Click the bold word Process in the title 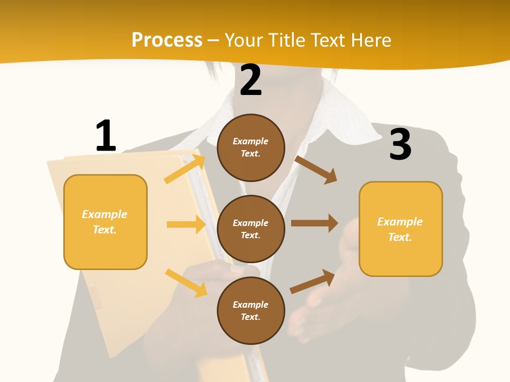click(x=167, y=40)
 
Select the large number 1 click(x=106, y=136)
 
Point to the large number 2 click(x=251, y=80)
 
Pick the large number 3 click(x=401, y=144)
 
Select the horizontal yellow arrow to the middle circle click(x=186, y=224)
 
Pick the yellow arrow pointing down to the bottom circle click(x=186, y=283)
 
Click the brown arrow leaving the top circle click(x=316, y=170)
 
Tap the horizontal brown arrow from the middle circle click(x=314, y=223)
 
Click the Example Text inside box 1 click(x=105, y=222)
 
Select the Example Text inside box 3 click(x=400, y=229)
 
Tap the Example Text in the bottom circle click(x=251, y=310)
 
